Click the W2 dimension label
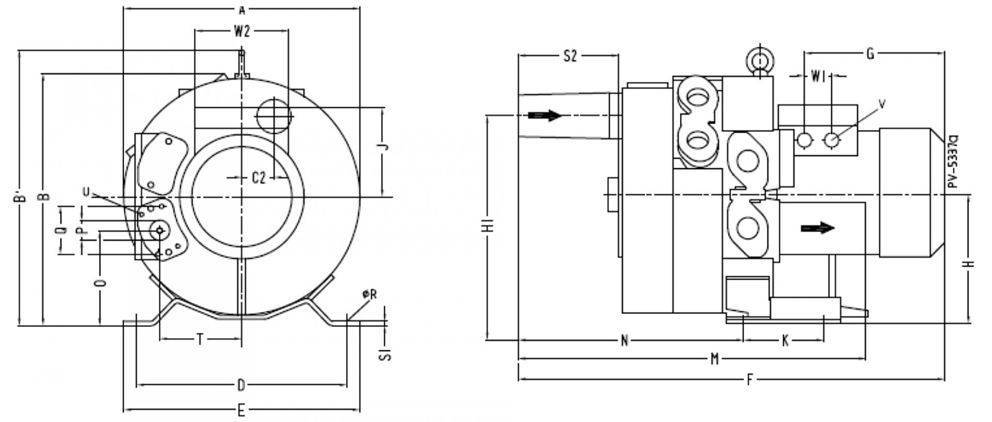(x=242, y=32)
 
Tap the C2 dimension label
(x=258, y=178)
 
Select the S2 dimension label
(x=569, y=56)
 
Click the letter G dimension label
(x=870, y=53)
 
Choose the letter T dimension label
(x=200, y=339)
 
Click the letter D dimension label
(x=241, y=385)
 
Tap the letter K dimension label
(x=785, y=340)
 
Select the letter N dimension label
(x=624, y=340)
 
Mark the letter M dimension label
(x=715, y=358)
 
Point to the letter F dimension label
(x=750, y=380)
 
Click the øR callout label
(x=370, y=294)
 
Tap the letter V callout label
(x=882, y=104)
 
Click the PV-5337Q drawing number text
(x=954, y=161)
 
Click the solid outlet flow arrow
(x=817, y=228)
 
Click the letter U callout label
(x=86, y=192)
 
